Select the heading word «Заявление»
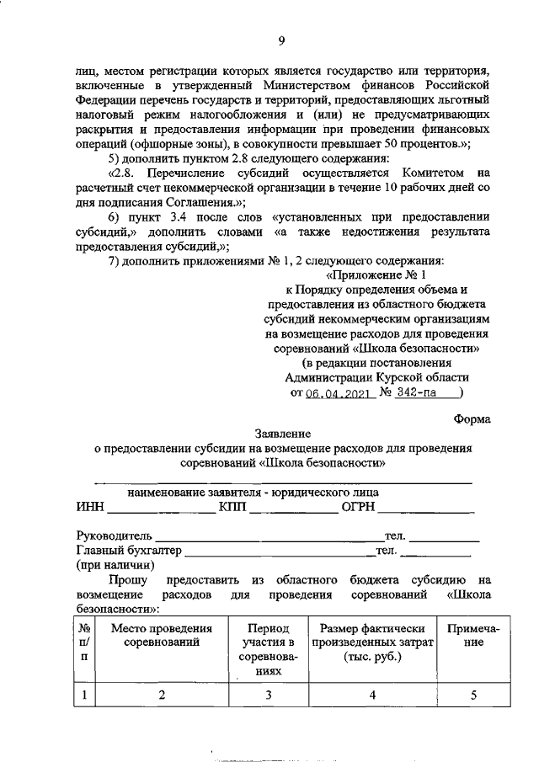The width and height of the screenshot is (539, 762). [282, 434]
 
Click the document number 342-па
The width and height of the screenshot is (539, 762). [420, 393]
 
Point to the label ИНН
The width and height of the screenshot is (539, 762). [90, 509]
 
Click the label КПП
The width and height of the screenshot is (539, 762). [233, 509]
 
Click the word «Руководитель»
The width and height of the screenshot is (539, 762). [114, 536]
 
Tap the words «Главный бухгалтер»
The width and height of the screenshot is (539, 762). [128, 551]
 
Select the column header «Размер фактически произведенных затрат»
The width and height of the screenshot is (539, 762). [371, 643]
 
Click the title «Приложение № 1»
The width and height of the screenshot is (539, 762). [376, 274]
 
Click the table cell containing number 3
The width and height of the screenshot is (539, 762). [269, 695]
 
